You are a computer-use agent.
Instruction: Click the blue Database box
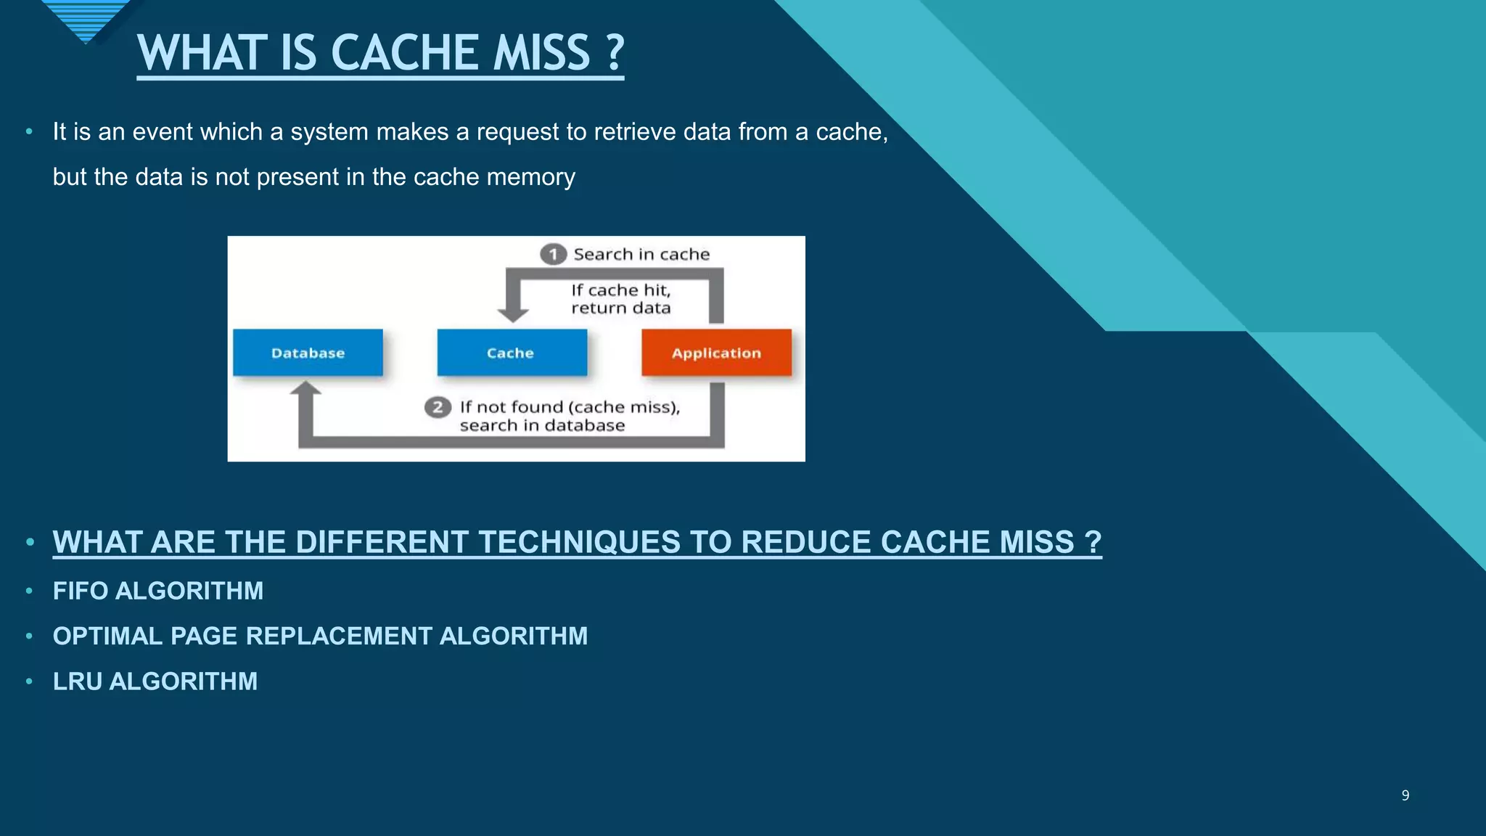pyautogui.click(x=308, y=353)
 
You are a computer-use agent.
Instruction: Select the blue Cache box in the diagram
pyautogui.click(x=512, y=353)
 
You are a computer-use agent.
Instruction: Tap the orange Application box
pyautogui.click(x=716, y=353)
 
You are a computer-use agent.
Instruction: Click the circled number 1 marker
pyautogui.click(x=553, y=254)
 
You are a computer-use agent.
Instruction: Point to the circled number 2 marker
pyautogui.click(x=438, y=407)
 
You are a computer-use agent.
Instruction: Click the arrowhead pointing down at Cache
pyautogui.click(x=513, y=314)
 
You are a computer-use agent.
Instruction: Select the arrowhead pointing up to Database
pyautogui.click(x=305, y=390)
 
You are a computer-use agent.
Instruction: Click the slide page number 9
pyautogui.click(x=1405, y=795)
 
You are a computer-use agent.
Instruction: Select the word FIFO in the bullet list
pyautogui.click(x=81, y=591)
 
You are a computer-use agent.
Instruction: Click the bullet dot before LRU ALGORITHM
pyautogui.click(x=29, y=681)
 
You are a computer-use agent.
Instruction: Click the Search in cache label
pyautogui.click(x=641, y=254)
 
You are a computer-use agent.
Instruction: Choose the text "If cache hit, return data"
pyautogui.click(x=620, y=298)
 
